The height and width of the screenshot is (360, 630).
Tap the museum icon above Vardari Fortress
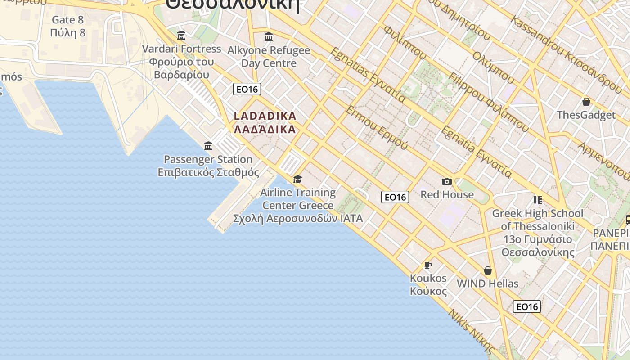[x=181, y=35]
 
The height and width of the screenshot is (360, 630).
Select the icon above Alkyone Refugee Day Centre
[x=269, y=36]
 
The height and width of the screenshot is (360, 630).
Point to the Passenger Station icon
[x=208, y=146]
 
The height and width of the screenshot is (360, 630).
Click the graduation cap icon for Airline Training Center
[x=297, y=180]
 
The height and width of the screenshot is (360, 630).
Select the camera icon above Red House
[x=446, y=181]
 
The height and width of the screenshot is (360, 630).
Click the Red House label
[x=447, y=194]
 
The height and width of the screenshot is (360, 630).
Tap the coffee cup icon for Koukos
[x=428, y=265]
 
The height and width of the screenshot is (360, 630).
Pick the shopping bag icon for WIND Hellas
[x=487, y=270]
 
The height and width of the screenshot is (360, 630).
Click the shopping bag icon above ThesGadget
[x=586, y=102]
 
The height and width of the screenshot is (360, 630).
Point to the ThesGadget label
[x=586, y=115]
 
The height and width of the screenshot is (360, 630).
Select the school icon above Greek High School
[x=537, y=200]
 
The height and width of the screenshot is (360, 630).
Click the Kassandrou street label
[x=567, y=52]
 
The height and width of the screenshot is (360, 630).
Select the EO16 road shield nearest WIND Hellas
[x=526, y=306]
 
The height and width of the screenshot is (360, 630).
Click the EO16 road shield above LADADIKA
[x=247, y=89]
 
